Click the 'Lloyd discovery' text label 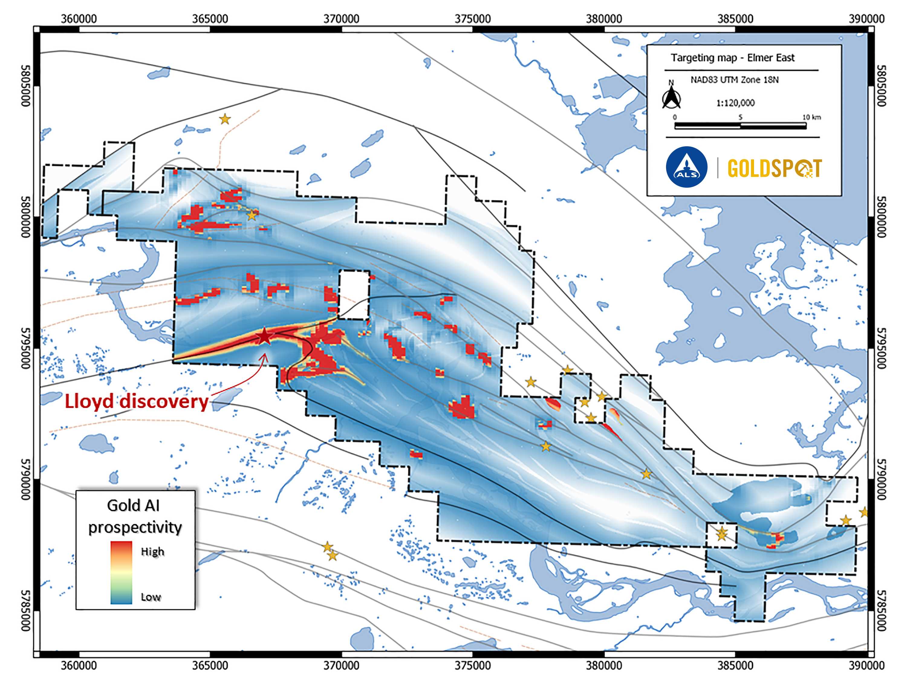137,401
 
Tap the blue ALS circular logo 686,167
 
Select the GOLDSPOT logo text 774,168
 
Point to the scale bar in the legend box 740,125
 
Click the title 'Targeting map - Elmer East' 732,58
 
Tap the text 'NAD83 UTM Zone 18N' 734,80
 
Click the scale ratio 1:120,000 735,103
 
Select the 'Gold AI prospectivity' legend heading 135,516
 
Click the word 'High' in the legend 153,552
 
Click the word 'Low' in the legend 151,597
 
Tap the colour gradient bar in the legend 121,573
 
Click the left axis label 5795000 25,348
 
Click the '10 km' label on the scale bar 811,117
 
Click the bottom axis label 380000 603,665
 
